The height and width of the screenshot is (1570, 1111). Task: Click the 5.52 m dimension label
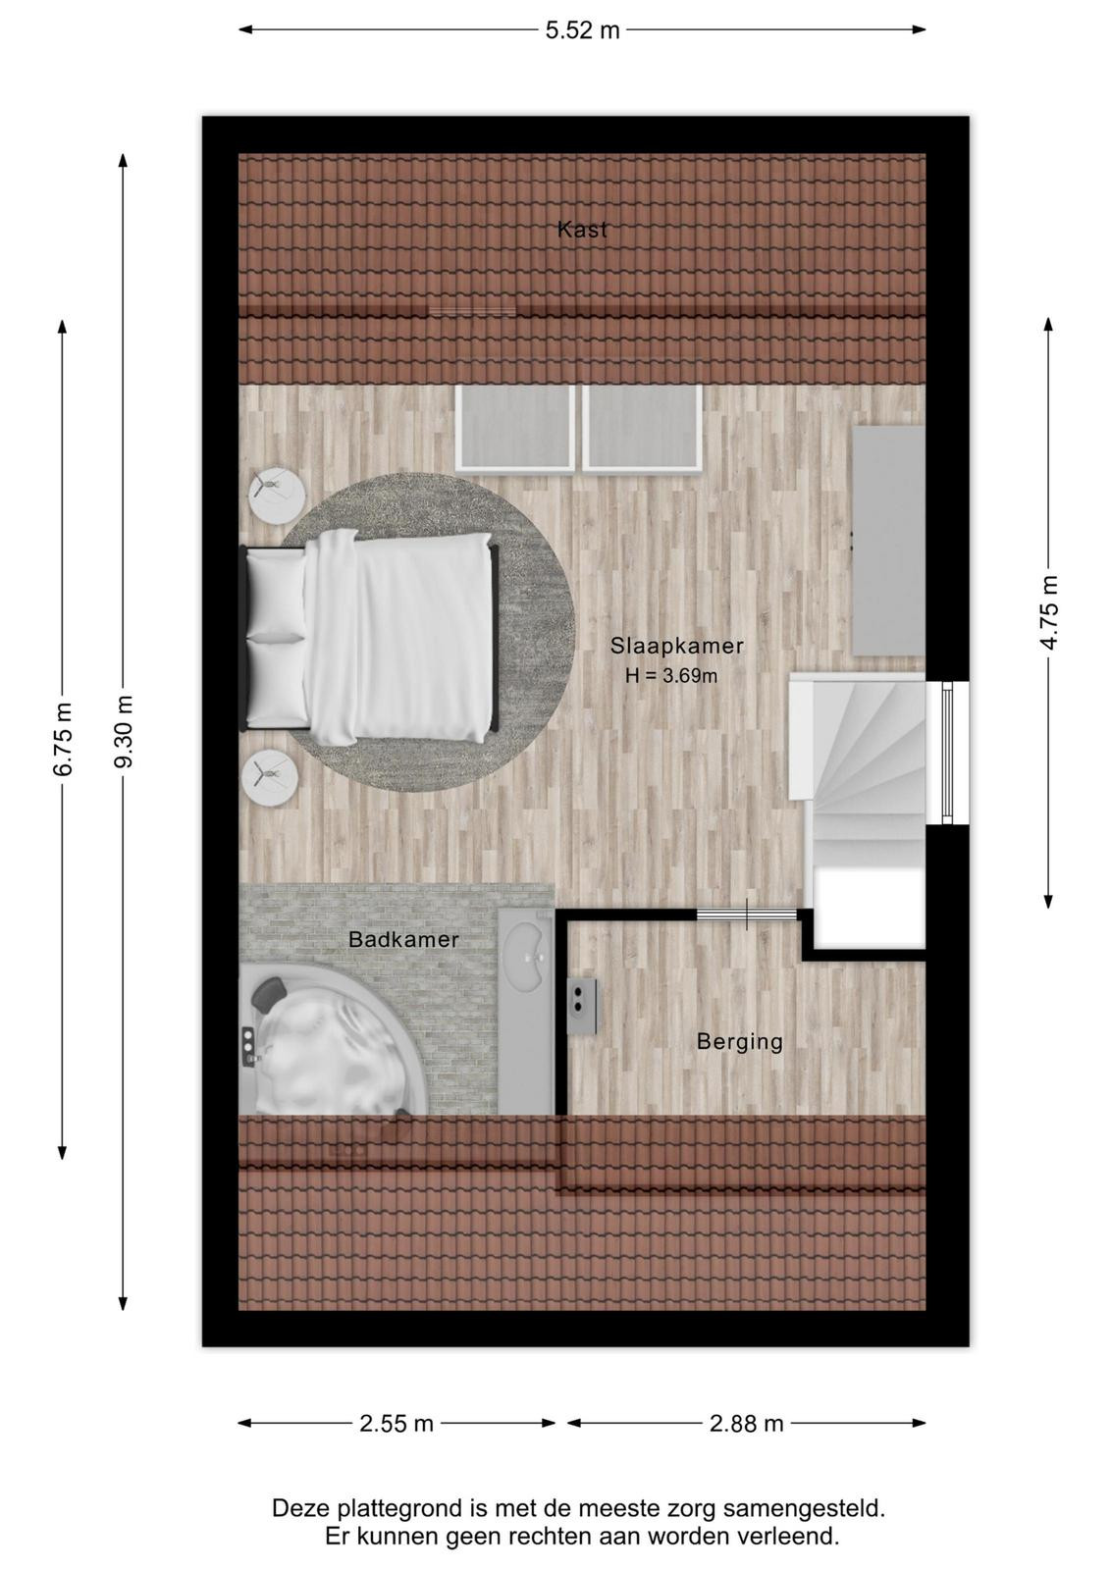pyautogui.click(x=582, y=30)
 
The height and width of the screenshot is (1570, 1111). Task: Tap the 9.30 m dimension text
pyautogui.click(x=124, y=732)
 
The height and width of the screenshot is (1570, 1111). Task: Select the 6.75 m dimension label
pyautogui.click(x=63, y=739)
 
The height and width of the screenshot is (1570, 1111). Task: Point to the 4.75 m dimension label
pyautogui.click(x=1048, y=612)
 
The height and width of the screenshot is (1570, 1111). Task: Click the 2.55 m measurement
pyautogui.click(x=397, y=1424)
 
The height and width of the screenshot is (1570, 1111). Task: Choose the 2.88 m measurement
pyautogui.click(x=746, y=1424)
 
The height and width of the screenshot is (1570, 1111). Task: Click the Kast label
pyautogui.click(x=582, y=230)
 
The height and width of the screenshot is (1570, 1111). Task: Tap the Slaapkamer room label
pyautogui.click(x=676, y=646)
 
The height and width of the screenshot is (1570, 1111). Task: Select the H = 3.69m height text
pyautogui.click(x=671, y=676)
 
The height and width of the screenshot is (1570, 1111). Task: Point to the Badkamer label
pyautogui.click(x=403, y=939)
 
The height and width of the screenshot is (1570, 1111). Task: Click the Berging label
pyautogui.click(x=740, y=1042)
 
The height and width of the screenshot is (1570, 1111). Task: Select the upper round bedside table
pyautogui.click(x=276, y=496)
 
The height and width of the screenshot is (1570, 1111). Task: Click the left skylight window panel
pyautogui.click(x=515, y=427)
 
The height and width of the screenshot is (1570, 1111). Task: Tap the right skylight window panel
pyautogui.click(x=642, y=427)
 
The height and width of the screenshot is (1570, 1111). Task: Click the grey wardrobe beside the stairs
pyautogui.click(x=888, y=541)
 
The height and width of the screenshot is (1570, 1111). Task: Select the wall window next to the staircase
pyautogui.click(x=947, y=752)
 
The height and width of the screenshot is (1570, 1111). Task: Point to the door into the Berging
pyautogui.click(x=747, y=914)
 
